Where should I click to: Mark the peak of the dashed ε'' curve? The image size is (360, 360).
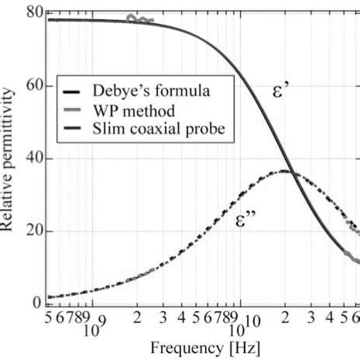coord(285,171)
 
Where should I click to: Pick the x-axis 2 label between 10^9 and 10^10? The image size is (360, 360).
coord(137,318)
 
